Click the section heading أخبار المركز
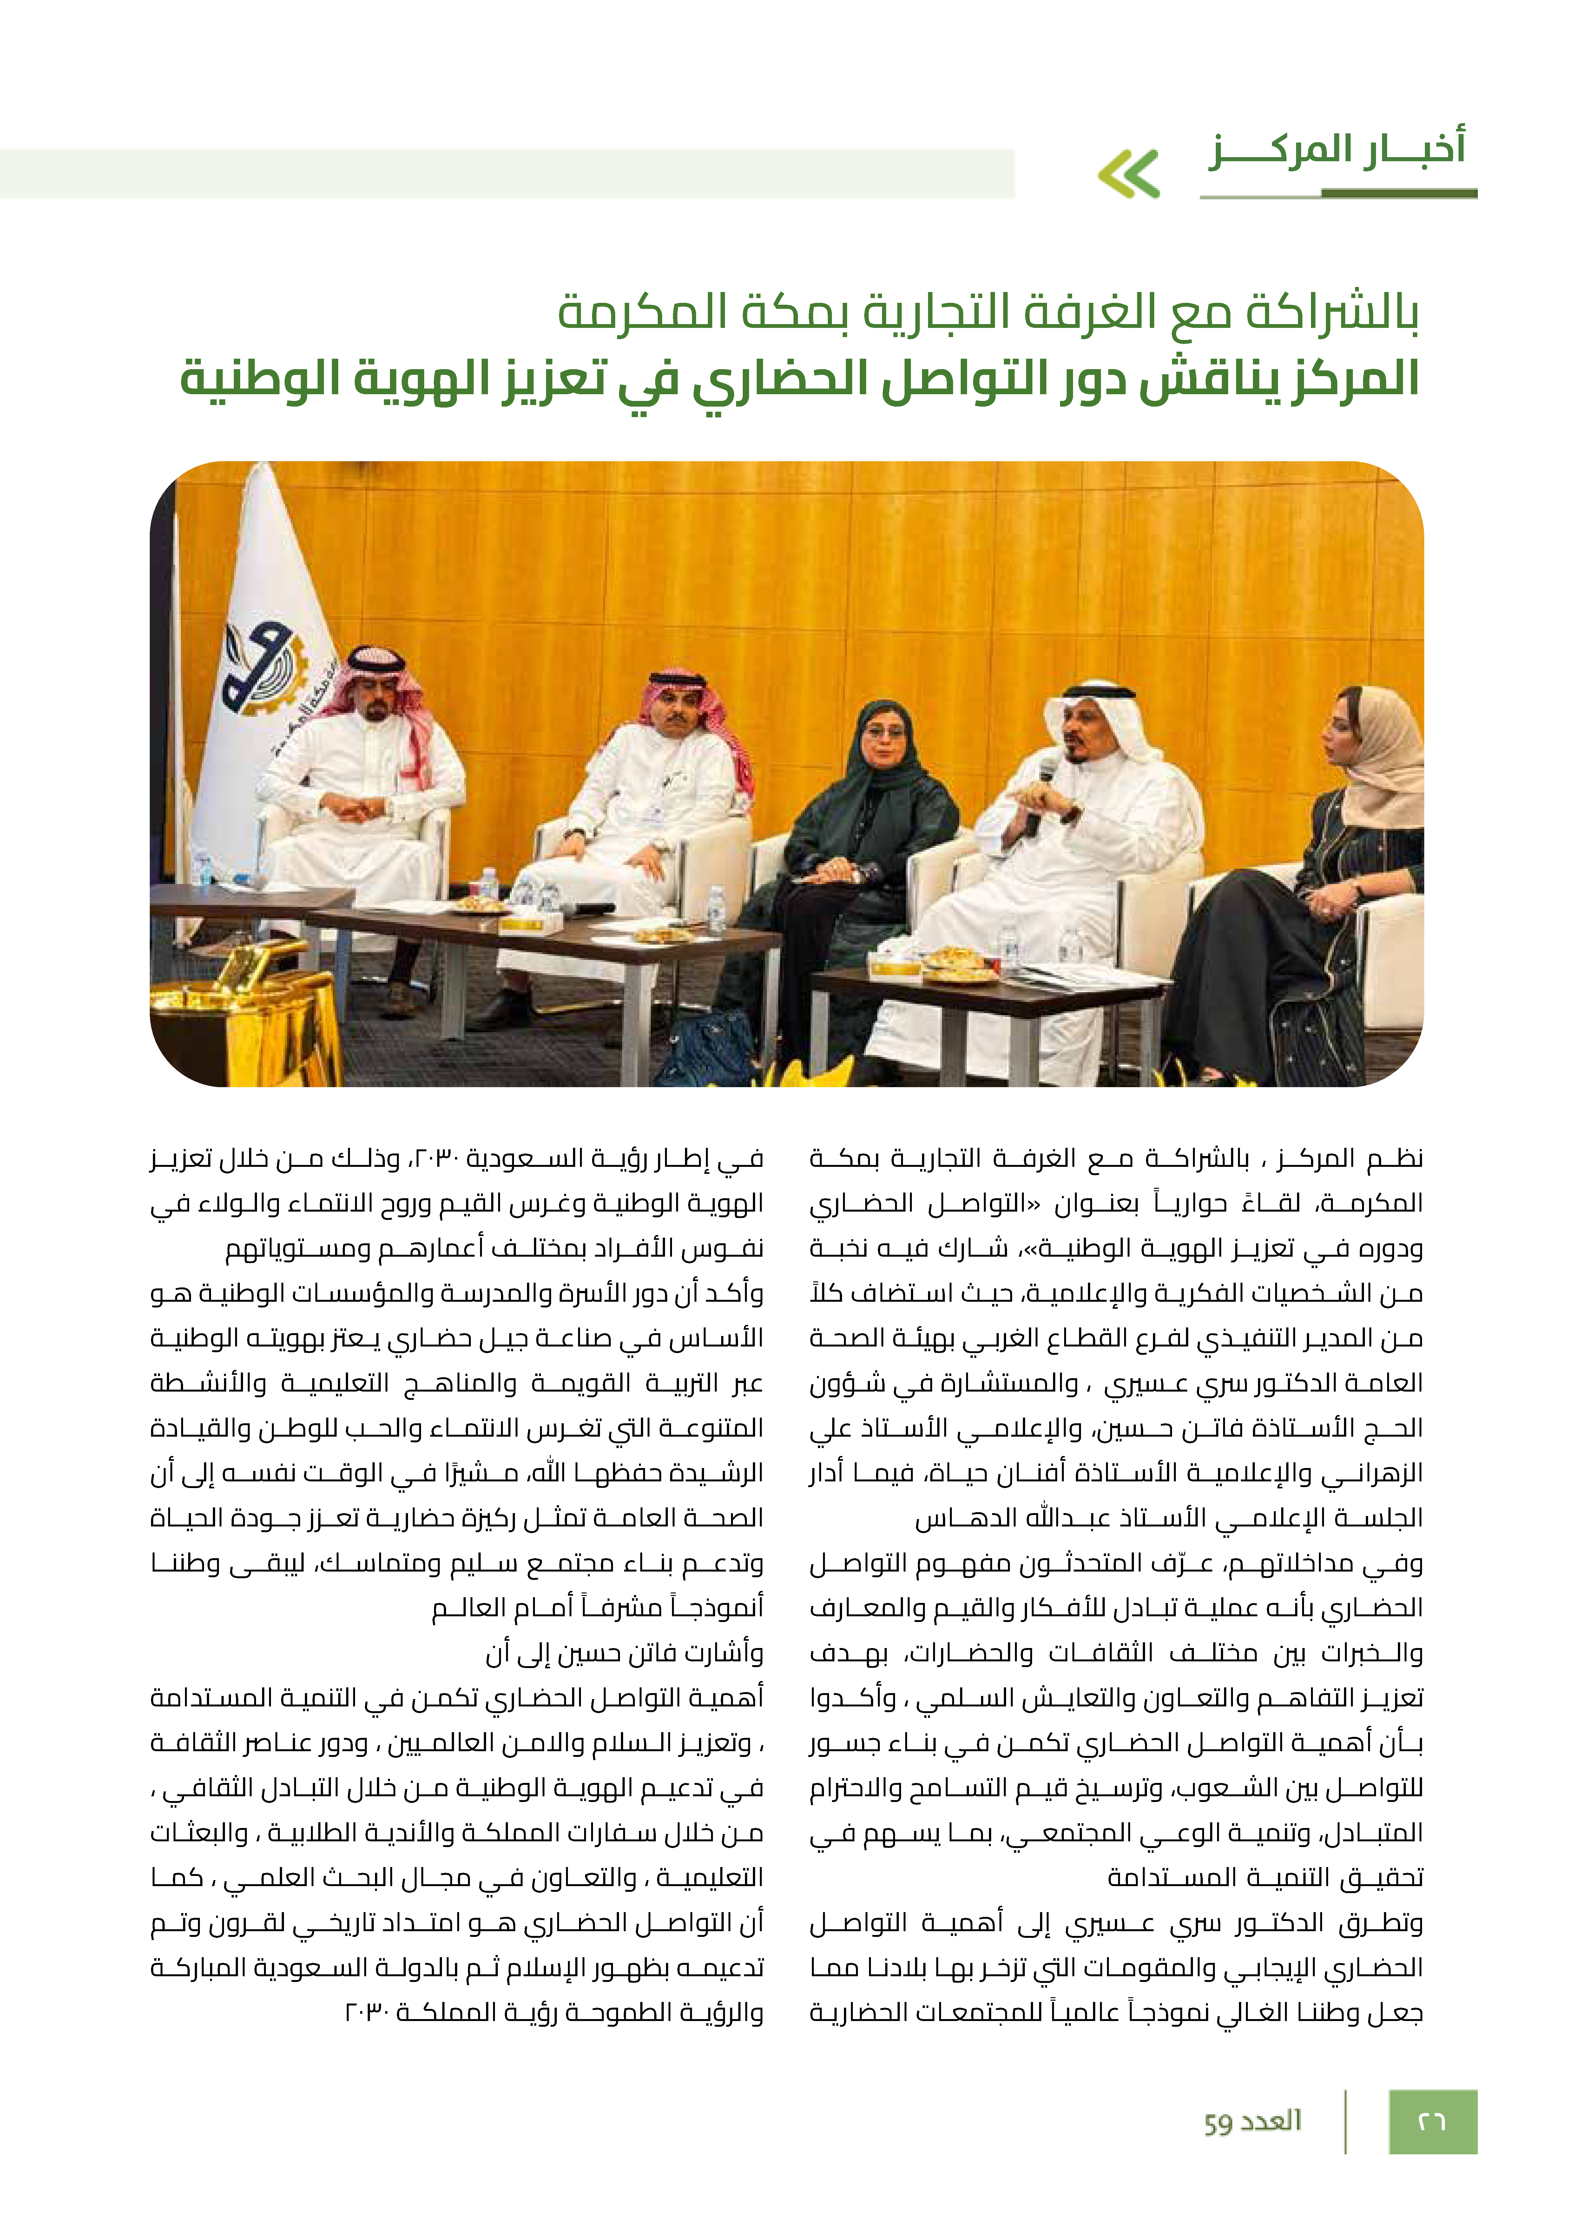click(x=1336, y=150)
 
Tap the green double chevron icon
click(x=1129, y=175)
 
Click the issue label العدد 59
click(x=1252, y=2121)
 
